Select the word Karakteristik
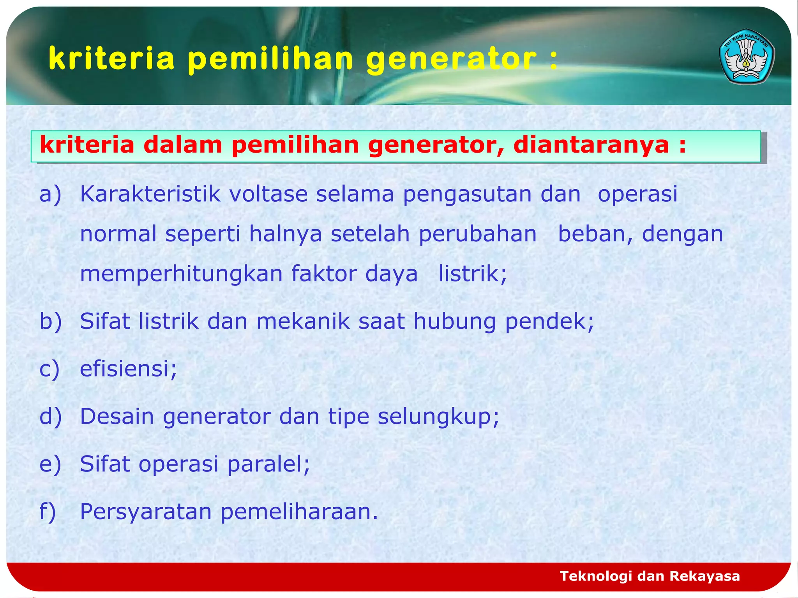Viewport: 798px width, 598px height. coord(150,194)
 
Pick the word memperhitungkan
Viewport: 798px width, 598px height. coord(181,274)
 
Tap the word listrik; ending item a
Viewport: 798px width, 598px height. coord(472,273)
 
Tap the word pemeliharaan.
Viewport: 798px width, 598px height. coord(299,512)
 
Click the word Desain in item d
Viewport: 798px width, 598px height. coord(117,416)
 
